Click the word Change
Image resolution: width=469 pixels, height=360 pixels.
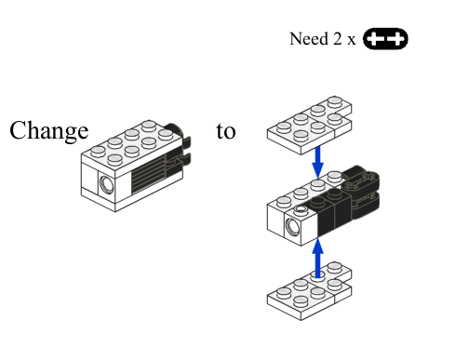point(49,131)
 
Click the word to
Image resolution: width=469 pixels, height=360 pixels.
point(226,131)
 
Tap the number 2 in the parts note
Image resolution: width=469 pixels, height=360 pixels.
point(337,39)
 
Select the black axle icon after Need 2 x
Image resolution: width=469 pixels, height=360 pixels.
point(385,39)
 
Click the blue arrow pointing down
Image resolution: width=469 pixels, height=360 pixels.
point(317,162)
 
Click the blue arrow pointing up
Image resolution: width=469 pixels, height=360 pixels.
point(317,258)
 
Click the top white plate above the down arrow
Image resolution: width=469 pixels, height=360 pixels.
point(309,126)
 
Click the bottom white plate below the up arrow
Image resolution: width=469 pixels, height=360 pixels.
point(309,291)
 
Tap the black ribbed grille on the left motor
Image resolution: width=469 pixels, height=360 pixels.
point(149,174)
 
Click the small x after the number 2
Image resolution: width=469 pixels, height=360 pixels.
point(351,40)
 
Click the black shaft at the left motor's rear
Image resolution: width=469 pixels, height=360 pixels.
point(173,128)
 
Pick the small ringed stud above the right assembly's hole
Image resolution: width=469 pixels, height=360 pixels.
point(301,209)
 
